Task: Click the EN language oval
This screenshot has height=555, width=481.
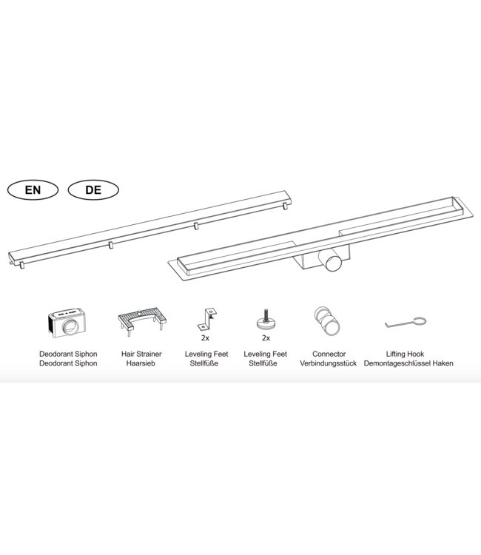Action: pos(33,190)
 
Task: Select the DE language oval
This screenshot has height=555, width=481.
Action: pos(93,190)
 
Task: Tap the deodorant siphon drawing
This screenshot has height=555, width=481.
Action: pos(67,323)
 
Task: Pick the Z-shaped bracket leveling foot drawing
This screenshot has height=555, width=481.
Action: pos(206,319)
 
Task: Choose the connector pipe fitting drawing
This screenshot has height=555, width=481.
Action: pos(326,321)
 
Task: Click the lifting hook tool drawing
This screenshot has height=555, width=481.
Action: pos(406,323)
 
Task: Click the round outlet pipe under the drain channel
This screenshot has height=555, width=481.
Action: pos(333,261)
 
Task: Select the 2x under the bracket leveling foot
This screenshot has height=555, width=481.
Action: pos(205,338)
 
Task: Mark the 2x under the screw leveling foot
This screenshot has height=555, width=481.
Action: pos(266,338)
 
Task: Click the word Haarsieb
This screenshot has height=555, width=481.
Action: pos(141,363)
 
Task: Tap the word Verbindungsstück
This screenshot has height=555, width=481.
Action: pos(328,363)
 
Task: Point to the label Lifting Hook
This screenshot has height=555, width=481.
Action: pos(405,354)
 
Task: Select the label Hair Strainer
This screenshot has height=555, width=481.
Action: pos(141,354)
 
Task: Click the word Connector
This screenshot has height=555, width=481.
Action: pos(329,354)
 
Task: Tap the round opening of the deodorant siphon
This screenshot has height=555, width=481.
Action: pos(70,326)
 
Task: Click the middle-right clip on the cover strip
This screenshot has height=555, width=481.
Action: pos(196,226)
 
